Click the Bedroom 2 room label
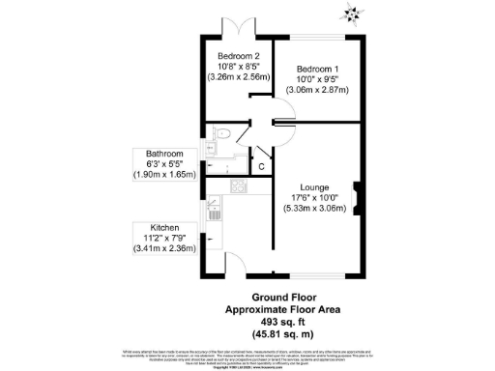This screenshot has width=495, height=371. pos(237,55)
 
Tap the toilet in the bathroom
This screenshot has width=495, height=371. pos(221,135)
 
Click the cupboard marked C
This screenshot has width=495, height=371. pos(260,167)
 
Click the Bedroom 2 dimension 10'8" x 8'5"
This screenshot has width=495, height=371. pos(237,65)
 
